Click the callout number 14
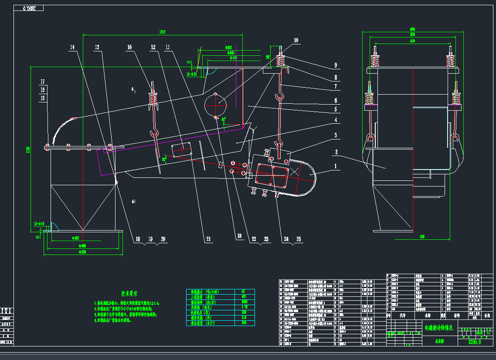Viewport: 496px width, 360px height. click(x=72, y=47)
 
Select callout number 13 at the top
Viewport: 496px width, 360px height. click(x=97, y=47)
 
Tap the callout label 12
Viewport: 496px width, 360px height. click(x=153, y=47)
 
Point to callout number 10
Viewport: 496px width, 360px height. click(x=296, y=40)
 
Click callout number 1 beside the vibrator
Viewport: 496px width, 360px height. click(x=336, y=166)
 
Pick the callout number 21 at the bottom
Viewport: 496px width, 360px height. click(x=208, y=239)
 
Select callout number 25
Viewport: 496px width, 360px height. click(x=298, y=239)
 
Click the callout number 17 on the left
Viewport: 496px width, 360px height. click(x=42, y=82)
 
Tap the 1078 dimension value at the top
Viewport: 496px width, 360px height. click(x=163, y=32)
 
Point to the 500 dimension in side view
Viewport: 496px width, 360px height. click(x=422, y=237)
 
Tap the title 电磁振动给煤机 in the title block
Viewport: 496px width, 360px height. click(x=440, y=327)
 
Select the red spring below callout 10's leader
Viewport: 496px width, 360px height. click(x=281, y=61)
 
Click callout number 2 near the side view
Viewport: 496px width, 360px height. click(x=336, y=152)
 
